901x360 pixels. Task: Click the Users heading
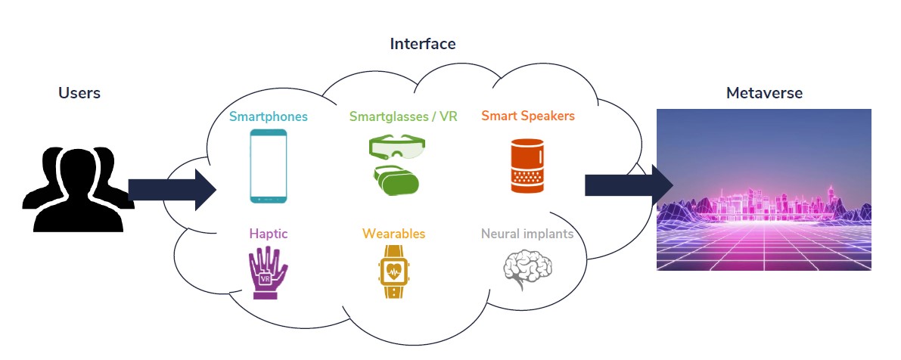coord(79,93)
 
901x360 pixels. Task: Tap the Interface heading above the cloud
coord(423,44)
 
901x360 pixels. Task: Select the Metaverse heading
coord(764,93)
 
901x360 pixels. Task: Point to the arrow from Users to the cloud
coord(172,190)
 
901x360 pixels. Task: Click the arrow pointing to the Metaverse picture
coord(629,185)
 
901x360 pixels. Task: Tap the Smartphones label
coord(269,116)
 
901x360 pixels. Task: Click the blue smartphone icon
coord(269,166)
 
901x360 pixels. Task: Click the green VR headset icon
coord(397,180)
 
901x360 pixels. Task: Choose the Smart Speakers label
coord(528,116)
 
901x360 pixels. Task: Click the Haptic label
coord(269,234)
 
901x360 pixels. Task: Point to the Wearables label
coord(393,234)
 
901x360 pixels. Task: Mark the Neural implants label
coord(527,234)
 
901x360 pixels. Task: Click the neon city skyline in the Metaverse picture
coord(764,200)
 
